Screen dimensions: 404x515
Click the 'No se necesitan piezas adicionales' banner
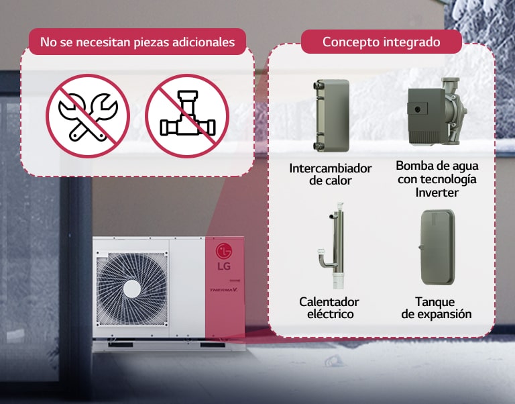pos(137,42)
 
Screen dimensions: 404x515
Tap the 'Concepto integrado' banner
pos(381,42)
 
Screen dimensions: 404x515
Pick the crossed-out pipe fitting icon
pos(187,115)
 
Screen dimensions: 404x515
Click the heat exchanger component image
pos(331,115)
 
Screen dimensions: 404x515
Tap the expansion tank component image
pos(436,248)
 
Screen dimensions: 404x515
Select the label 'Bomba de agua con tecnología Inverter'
pos(437,179)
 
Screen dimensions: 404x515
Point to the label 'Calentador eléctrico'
pos(329,308)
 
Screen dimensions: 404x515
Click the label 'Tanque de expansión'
pos(437,308)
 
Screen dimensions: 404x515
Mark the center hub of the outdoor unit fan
pos(131,287)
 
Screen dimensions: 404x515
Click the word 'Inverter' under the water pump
pos(437,193)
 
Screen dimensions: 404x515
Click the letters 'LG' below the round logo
pos(223,266)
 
